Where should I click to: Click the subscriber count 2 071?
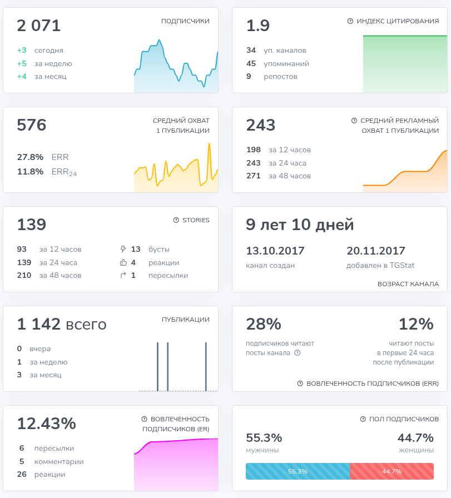[38, 26]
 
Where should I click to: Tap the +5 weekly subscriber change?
[22, 63]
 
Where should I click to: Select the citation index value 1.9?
[258, 26]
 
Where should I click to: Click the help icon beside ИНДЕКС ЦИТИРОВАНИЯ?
[350, 21]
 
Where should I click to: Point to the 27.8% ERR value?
[30, 157]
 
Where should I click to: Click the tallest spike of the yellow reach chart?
[210, 144]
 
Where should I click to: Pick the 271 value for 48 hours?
[254, 176]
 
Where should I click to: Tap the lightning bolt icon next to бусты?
[123, 249]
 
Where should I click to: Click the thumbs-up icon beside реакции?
[123, 262]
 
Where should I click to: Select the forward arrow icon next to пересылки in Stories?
[123, 275]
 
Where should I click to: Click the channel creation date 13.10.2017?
[275, 251]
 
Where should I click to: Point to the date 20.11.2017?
[376, 251]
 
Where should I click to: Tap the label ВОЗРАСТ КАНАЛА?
[408, 284]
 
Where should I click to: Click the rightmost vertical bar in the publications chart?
[206, 366]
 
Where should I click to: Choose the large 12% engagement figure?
[416, 324]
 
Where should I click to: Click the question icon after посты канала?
[297, 353]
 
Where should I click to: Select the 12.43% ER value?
[46, 424]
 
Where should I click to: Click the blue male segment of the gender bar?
[298, 471]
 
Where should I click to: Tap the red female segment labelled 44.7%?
[392, 471]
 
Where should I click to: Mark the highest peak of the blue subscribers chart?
[159, 40]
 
